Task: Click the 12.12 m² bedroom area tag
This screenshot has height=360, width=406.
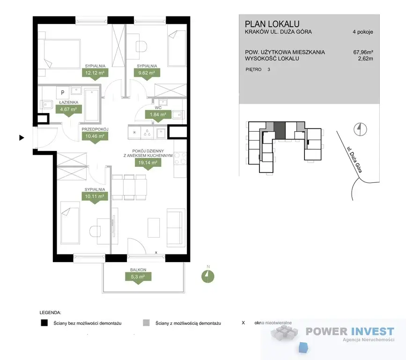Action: [95, 73]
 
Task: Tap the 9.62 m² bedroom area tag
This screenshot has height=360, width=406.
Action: [147, 73]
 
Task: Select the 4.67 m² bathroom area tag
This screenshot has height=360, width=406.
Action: [69, 109]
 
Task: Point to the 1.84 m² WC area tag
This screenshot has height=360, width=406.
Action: [158, 114]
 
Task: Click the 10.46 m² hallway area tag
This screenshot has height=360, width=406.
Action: [95, 136]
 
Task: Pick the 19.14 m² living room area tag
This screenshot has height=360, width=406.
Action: [148, 163]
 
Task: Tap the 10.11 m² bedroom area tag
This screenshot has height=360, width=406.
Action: [95, 196]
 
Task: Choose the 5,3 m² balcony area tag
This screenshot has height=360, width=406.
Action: [138, 277]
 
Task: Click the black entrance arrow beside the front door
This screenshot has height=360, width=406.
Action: [22, 138]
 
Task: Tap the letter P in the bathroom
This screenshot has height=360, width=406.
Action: [62, 92]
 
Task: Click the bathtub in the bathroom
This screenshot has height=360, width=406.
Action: [92, 105]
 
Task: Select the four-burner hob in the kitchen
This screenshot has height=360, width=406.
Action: [180, 158]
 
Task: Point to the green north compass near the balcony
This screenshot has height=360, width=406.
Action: [207, 276]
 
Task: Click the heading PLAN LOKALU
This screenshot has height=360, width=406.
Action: [272, 24]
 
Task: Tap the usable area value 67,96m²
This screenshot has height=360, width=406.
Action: [363, 52]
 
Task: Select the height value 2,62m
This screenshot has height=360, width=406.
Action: [365, 59]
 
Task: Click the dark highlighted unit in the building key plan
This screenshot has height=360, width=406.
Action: [280, 130]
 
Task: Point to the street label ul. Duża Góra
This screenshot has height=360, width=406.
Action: [354, 160]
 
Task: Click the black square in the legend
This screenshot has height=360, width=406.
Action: [44, 322]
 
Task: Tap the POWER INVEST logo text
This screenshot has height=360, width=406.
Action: [350, 331]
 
